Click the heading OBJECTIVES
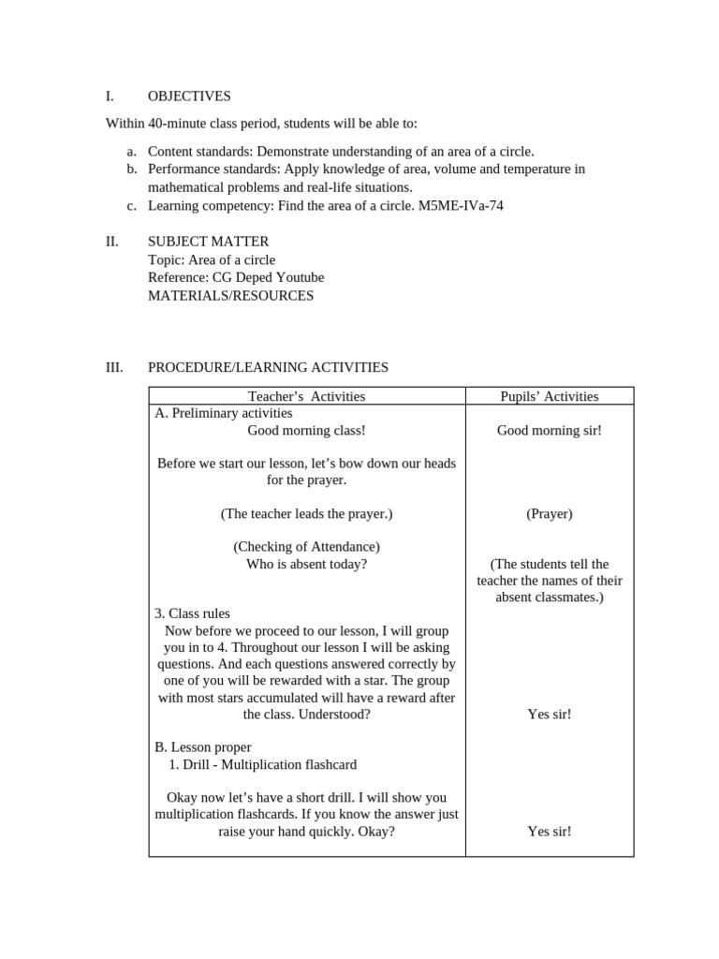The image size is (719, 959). pos(189,96)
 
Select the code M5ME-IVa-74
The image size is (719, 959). pos(459,205)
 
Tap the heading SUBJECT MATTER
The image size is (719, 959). pos(208,242)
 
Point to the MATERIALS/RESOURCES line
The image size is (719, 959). pos(230,295)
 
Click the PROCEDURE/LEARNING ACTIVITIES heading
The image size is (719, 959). pos(268,367)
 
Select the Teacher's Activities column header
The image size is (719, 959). pos(306,396)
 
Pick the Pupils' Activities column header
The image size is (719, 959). pos(549,396)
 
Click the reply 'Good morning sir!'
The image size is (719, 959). pos(549,430)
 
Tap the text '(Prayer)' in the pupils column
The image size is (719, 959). pos(549,513)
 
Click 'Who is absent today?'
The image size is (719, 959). pos(306,564)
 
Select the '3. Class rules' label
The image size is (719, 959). pos(192,613)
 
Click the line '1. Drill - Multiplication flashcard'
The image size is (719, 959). pos(263,764)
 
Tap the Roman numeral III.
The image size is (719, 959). pos(113,367)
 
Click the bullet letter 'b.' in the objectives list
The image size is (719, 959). pos(132,170)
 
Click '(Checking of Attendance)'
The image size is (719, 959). pos(306,547)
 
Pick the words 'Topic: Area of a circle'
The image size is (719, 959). pos(212,259)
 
